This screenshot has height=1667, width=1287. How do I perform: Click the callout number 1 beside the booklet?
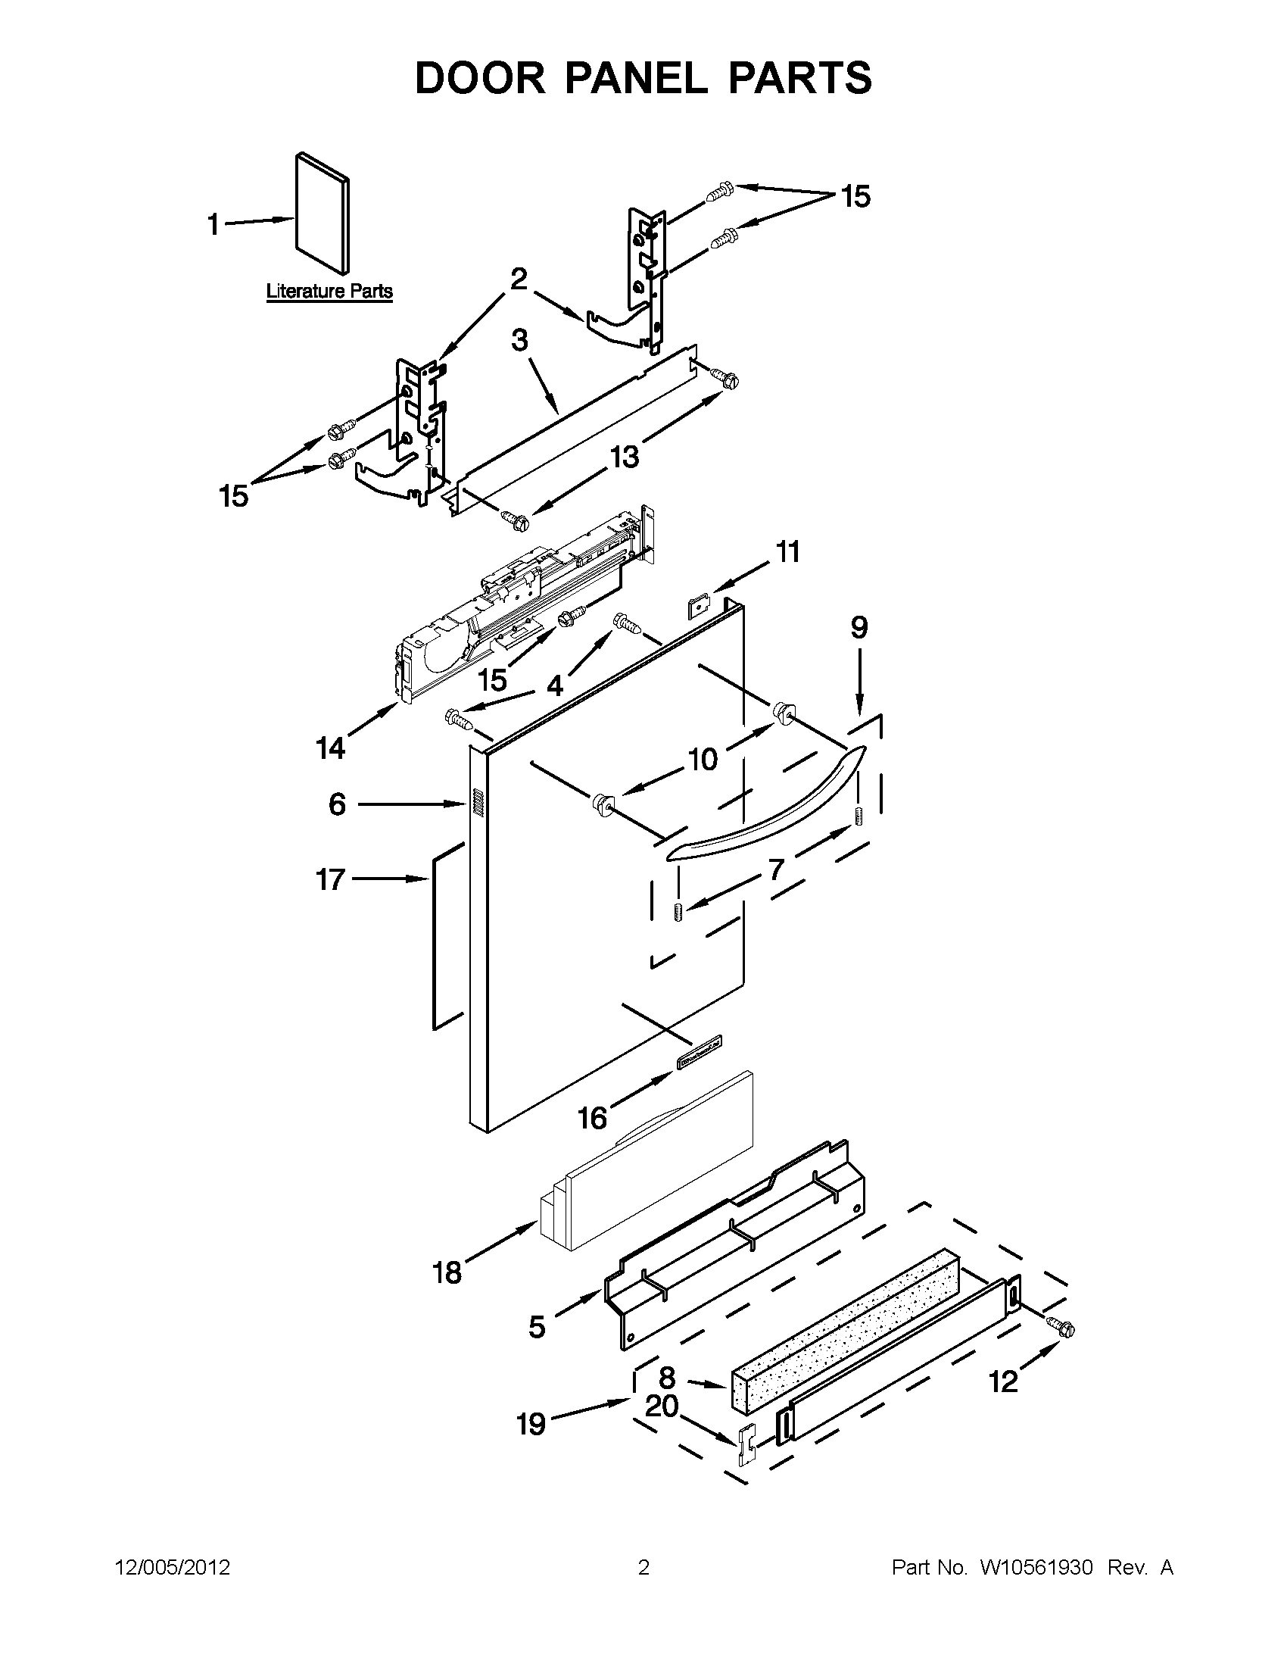tap(213, 224)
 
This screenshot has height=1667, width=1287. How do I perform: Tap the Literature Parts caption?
tap(329, 291)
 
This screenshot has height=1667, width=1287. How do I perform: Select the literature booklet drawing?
tap(322, 213)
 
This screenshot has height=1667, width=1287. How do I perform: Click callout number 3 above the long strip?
tap(519, 339)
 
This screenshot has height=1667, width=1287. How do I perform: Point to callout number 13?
tap(624, 457)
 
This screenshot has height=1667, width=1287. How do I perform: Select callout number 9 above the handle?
tap(859, 627)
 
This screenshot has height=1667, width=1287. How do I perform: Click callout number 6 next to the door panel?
tap(337, 804)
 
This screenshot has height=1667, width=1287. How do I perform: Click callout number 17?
tap(331, 879)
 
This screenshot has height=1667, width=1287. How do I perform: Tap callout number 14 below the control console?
tap(331, 749)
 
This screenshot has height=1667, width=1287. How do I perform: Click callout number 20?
tap(662, 1405)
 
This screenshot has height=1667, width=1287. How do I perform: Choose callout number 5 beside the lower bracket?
tap(537, 1328)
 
